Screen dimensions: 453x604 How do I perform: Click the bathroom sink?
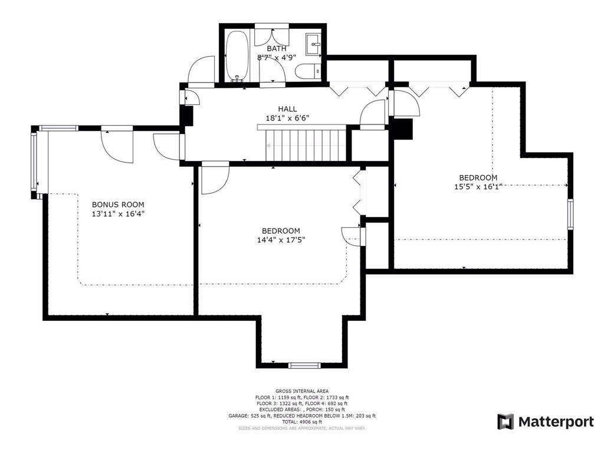click(313, 42)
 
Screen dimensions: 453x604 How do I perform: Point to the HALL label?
click(287, 109)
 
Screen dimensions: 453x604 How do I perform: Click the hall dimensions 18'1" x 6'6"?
click(287, 118)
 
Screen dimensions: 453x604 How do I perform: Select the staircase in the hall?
click(304, 144)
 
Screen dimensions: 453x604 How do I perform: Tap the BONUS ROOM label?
click(118, 205)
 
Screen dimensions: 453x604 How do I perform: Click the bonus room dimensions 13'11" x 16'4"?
click(118, 214)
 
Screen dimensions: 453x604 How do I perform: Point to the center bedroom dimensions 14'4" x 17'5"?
click(281, 239)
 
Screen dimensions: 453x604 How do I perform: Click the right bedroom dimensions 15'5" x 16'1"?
click(478, 186)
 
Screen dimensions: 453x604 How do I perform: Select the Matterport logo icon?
click(505, 422)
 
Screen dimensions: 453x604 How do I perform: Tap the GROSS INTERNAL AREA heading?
click(301, 391)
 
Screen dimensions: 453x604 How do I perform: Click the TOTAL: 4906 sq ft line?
click(301, 422)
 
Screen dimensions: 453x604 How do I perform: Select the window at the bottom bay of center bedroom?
click(304, 365)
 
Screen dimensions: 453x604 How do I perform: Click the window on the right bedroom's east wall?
click(570, 214)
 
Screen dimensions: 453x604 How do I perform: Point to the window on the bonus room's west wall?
click(34, 160)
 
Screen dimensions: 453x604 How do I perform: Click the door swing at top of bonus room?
click(117, 145)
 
